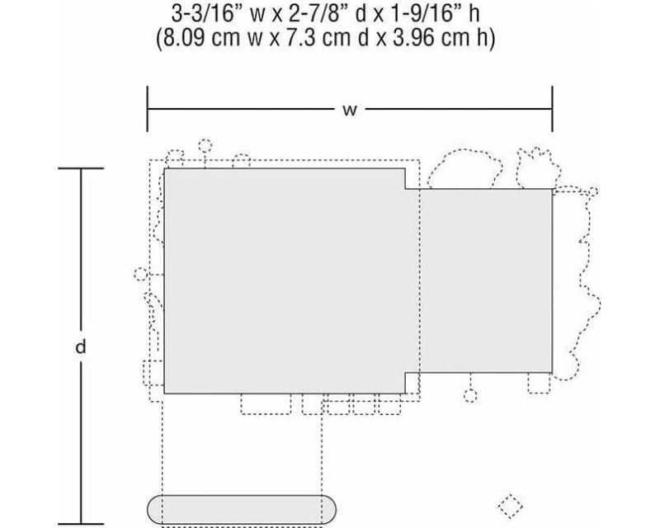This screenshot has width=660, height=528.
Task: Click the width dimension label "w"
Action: coord(349,111)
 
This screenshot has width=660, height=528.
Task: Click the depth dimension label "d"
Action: coord(80,347)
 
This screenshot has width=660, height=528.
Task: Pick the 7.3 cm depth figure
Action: coord(301,39)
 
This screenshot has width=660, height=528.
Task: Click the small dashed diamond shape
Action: coord(510,507)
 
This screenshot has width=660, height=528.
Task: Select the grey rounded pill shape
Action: coord(242,510)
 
